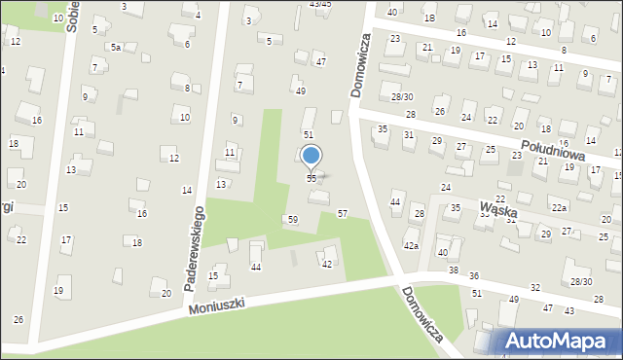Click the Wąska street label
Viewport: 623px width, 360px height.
[x=498, y=208]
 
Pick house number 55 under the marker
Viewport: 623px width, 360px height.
[x=311, y=179]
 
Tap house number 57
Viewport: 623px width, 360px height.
[x=343, y=213]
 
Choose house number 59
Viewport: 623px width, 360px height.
[x=292, y=220]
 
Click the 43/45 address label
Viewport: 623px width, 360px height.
[x=319, y=4]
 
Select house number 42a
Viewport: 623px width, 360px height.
[x=412, y=245]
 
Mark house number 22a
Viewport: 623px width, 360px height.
[x=558, y=208]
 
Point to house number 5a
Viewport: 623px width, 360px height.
[x=115, y=47]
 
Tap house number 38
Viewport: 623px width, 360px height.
[x=453, y=270]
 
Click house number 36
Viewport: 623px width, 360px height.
[x=474, y=277]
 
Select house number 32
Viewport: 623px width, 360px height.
[x=535, y=288]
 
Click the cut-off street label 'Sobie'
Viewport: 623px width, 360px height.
[x=71, y=17]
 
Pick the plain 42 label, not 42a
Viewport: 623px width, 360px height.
[x=327, y=265]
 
